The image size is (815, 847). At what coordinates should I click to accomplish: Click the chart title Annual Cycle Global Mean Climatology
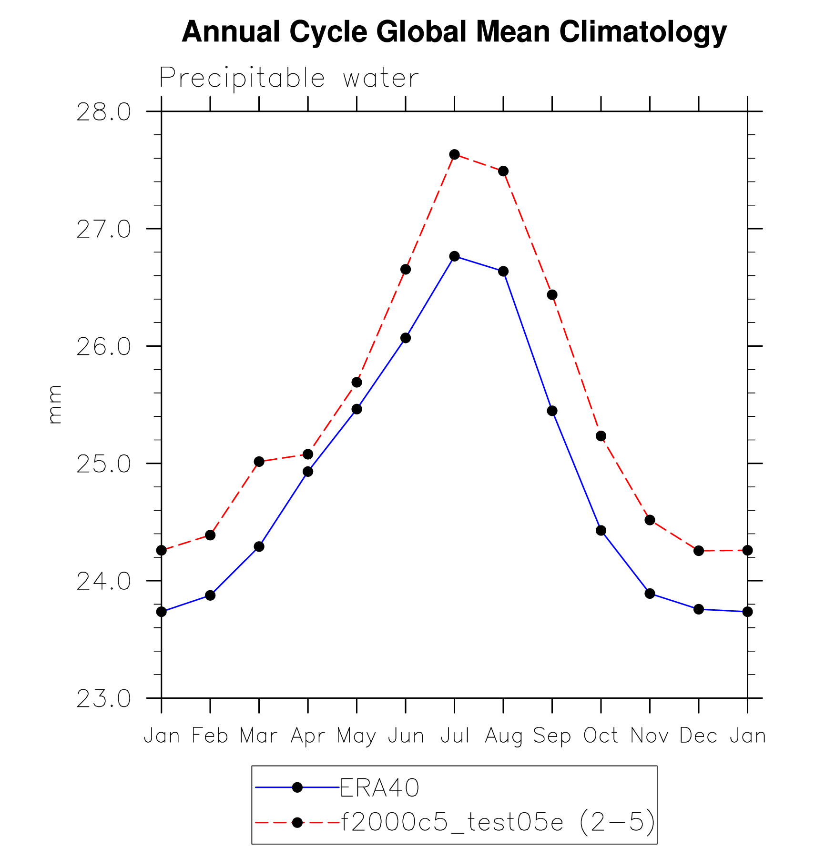454,32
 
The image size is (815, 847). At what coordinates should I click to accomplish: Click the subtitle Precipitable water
289,78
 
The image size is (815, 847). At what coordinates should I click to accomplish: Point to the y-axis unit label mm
55,404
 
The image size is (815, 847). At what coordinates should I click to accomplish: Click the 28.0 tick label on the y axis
103,112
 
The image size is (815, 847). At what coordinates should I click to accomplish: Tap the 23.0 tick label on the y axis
103,699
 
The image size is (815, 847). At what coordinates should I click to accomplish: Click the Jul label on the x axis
455,736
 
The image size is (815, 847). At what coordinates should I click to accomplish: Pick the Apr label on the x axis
308,736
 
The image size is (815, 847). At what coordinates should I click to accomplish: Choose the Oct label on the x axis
601,736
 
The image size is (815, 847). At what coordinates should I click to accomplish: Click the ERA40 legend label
379,788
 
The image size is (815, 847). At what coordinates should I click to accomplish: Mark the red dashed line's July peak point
454,154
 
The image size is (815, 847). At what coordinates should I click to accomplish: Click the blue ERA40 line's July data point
454,256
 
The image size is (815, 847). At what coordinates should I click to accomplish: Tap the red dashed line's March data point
259,462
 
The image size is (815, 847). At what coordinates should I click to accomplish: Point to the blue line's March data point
259,546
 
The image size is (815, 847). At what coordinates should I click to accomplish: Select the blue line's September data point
552,411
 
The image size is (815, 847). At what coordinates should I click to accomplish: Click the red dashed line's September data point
552,295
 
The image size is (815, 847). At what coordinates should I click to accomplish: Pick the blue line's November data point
650,594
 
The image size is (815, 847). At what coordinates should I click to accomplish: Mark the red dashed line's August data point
503,171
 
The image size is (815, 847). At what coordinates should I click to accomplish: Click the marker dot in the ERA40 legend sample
297,787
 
